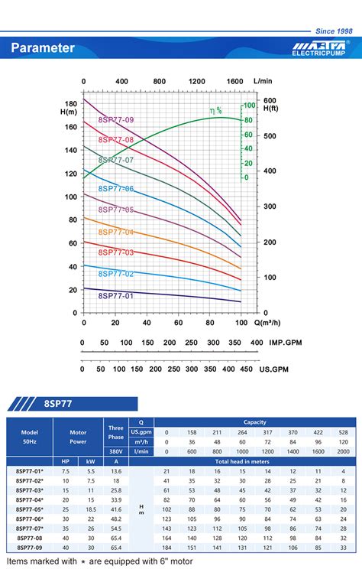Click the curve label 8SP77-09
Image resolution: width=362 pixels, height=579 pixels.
click(x=116, y=120)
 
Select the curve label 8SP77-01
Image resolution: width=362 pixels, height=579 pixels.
click(x=116, y=296)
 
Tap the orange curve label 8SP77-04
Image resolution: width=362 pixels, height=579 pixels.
click(x=116, y=233)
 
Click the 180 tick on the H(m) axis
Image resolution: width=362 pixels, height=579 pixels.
click(x=70, y=103)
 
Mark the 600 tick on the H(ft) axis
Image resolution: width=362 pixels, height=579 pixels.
click(x=270, y=100)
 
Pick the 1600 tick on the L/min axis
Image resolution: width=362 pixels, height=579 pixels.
click(x=234, y=81)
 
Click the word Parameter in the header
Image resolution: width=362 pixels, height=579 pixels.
click(x=43, y=48)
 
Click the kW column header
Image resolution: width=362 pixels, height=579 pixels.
click(x=91, y=461)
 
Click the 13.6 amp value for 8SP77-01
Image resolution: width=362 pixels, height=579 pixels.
click(x=115, y=470)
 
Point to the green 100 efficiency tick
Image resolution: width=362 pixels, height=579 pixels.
click(x=249, y=106)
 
